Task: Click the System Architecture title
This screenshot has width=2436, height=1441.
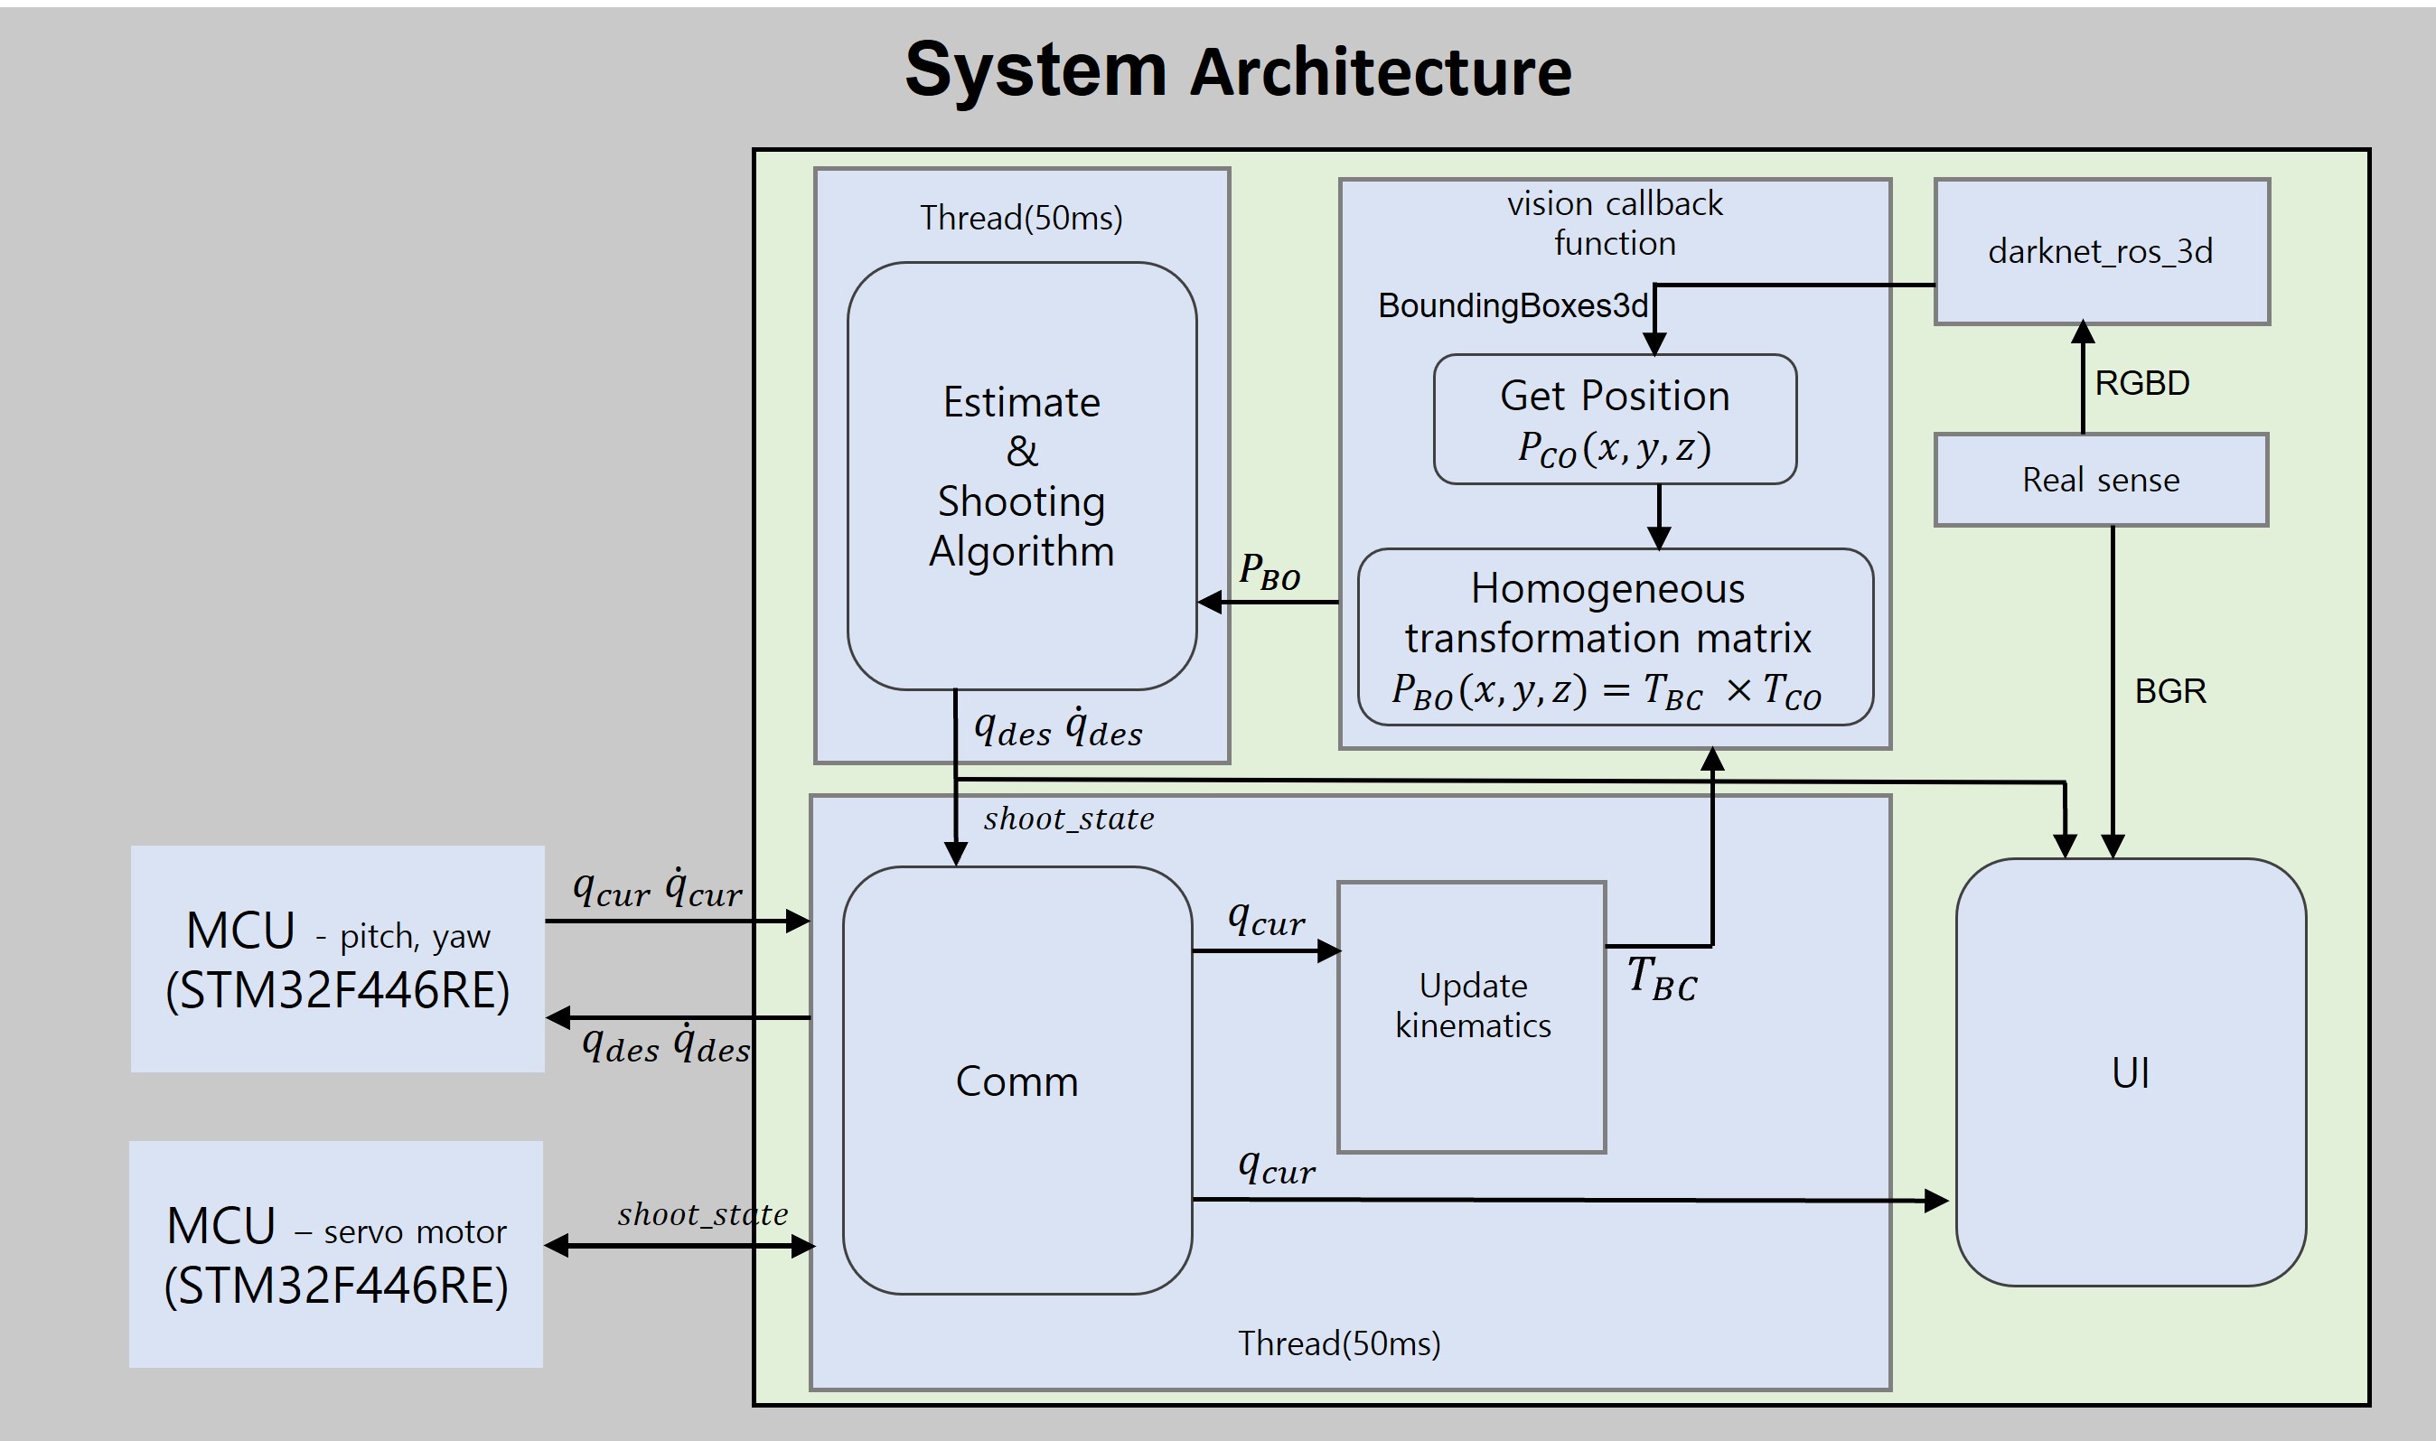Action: [x=1238, y=70]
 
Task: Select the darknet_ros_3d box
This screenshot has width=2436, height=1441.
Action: [x=2101, y=251]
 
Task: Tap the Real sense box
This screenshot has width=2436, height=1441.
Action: [x=2101, y=480]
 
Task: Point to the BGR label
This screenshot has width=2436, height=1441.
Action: [x=2170, y=690]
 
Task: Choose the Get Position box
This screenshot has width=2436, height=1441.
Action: [x=1615, y=419]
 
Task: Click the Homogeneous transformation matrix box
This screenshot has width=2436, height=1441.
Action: [x=1615, y=637]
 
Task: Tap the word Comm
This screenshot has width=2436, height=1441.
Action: [x=1017, y=1081]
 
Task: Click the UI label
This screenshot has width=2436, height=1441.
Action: [x=2131, y=1073]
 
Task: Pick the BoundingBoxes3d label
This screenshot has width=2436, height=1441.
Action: [x=1513, y=306]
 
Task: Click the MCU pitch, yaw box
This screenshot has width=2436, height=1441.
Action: [x=337, y=959]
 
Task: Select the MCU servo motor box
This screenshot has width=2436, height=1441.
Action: [x=336, y=1255]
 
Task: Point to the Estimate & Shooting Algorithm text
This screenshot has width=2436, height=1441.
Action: [x=1021, y=476]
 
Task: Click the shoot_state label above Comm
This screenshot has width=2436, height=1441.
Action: [x=1068, y=819]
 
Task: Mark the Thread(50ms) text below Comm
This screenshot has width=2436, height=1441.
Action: [x=1339, y=1343]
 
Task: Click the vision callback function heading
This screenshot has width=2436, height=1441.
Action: [x=1615, y=223]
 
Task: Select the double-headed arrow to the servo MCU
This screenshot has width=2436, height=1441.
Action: [x=679, y=1246]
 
